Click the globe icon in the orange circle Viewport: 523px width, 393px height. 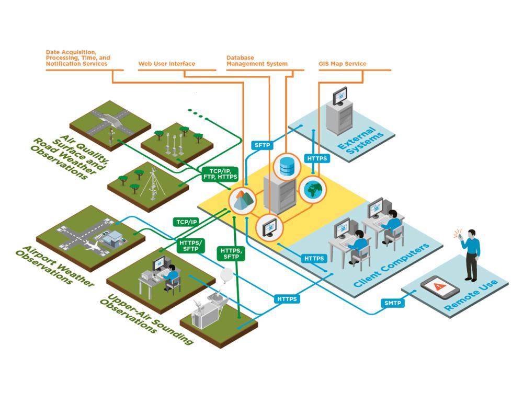click(x=312, y=189)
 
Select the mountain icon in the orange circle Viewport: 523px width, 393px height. click(x=242, y=200)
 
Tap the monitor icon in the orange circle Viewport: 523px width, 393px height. click(x=269, y=226)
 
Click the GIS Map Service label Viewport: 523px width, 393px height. click(x=343, y=64)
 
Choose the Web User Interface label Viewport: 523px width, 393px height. click(x=166, y=64)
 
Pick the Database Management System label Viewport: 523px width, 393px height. click(x=257, y=60)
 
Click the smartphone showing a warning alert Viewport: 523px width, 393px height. click(x=440, y=287)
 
